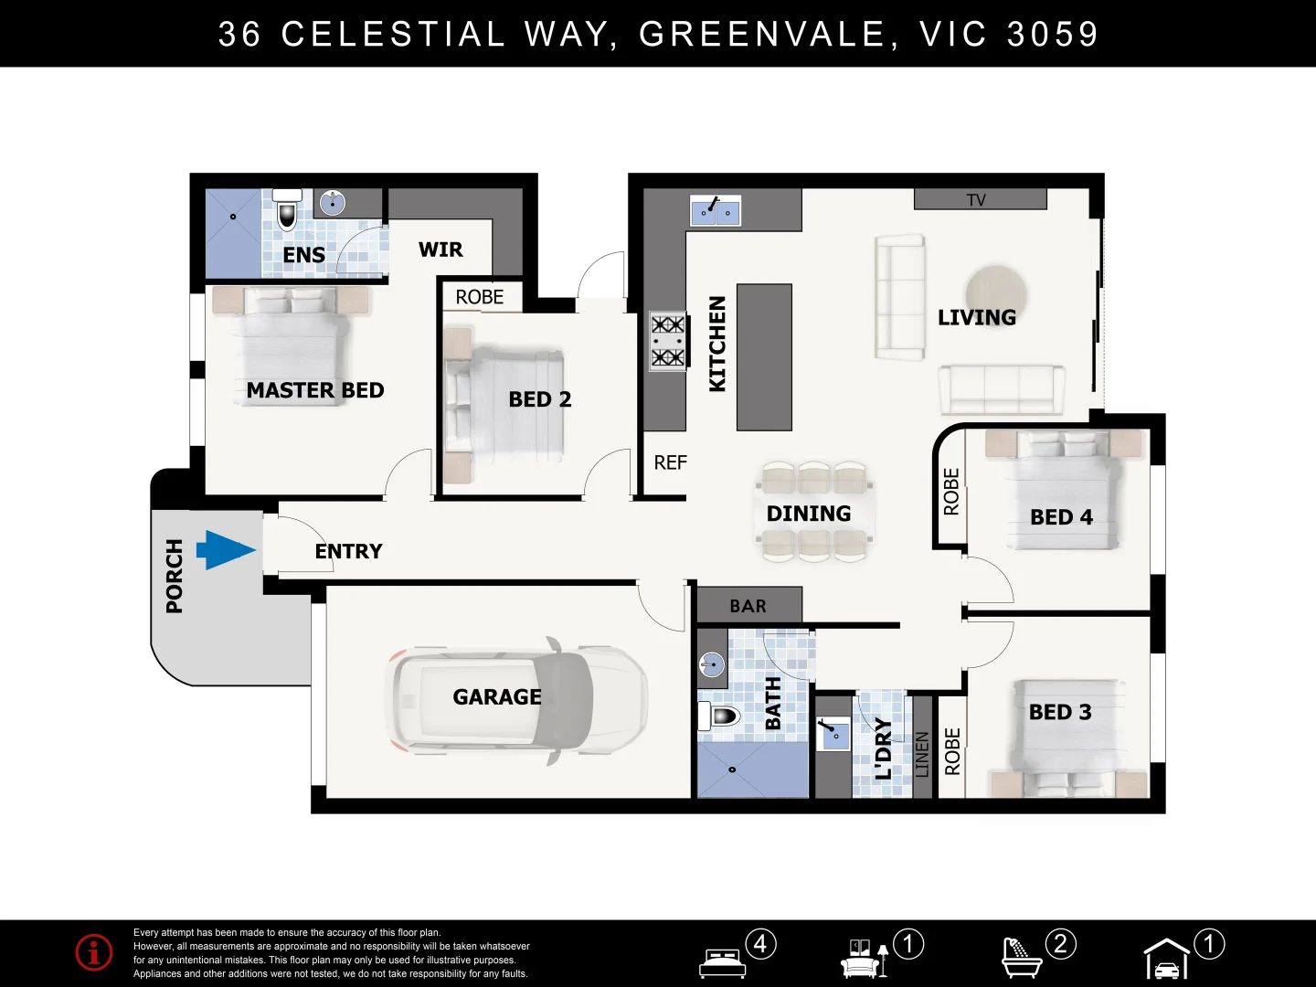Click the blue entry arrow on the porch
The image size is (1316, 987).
point(225,550)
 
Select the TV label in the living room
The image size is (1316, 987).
point(976,200)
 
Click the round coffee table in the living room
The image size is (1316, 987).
point(996,291)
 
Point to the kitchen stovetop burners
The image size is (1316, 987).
point(667,341)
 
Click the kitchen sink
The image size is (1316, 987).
point(715,211)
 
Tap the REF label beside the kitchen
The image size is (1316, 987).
point(670,463)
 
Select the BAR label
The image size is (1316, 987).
point(748,606)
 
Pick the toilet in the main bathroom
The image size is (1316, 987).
point(721,716)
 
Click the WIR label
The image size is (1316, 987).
point(440,249)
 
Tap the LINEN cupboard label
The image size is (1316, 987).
point(922,753)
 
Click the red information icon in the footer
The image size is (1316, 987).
point(94,952)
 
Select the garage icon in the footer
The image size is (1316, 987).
point(1167,960)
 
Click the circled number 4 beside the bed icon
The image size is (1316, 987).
point(760,943)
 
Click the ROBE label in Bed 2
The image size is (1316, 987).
point(480,297)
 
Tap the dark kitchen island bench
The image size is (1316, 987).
point(764,356)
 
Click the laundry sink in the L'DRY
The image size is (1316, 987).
point(833,734)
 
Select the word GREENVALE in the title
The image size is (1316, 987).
point(761,34)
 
